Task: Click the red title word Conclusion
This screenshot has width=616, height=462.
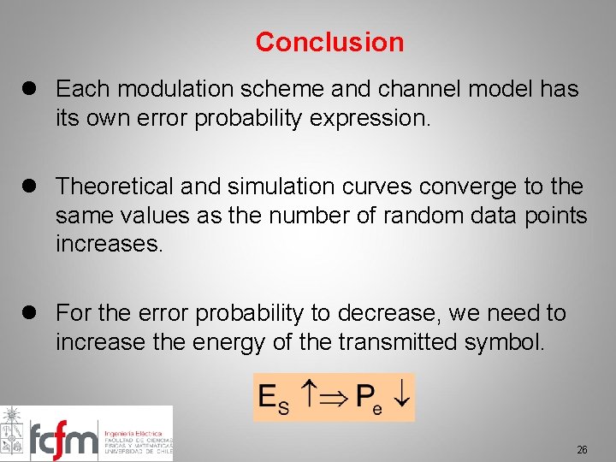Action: (329, 42)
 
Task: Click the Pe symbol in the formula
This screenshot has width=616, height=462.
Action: (368, 398)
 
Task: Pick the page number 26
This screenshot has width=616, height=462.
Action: (582, 449)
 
